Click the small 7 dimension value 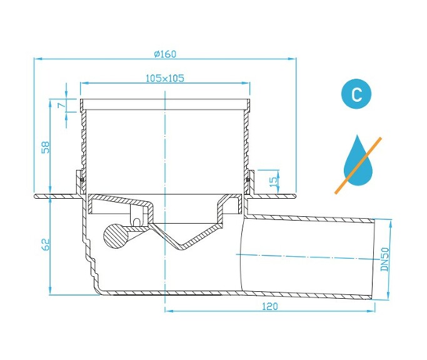(60, 106)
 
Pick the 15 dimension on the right (271, 181)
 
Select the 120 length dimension (269, 306)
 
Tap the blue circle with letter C (356, 95)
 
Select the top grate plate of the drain (165, 103)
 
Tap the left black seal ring (81, 182)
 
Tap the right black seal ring (248, 182)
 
